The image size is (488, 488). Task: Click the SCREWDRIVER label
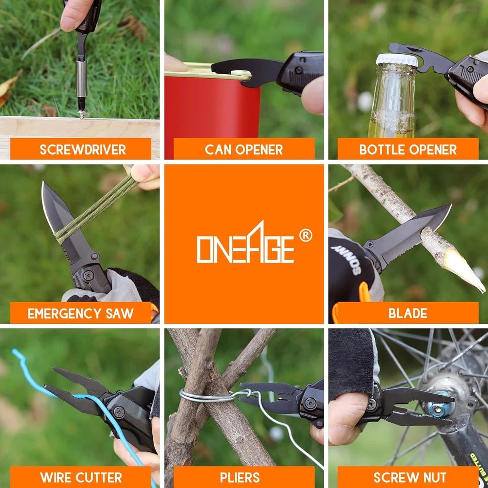83,150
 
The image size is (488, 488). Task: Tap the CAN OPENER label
244,150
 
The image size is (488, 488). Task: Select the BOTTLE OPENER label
407,150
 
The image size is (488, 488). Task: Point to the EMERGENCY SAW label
81,313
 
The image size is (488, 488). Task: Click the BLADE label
407,313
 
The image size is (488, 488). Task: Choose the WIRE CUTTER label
81,477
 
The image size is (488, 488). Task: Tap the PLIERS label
240,477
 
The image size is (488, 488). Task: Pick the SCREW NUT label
410,477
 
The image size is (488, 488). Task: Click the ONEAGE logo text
245,242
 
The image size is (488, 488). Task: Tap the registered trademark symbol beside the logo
305,236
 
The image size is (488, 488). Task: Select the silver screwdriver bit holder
81,79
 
